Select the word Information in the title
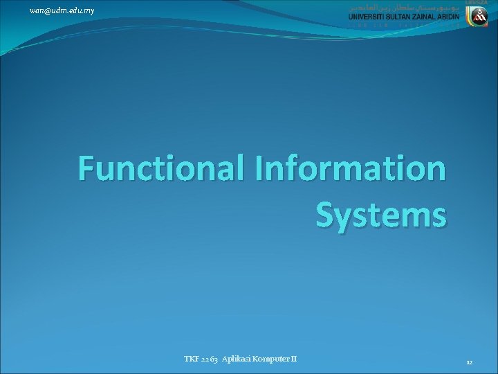tap(351, 168)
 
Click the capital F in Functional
tap(87, 168)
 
